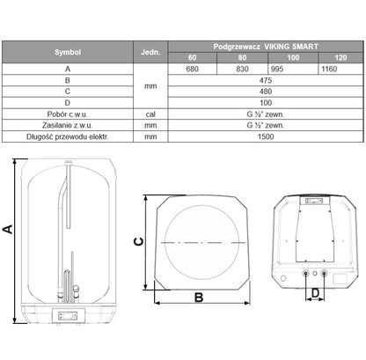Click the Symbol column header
pos(68,52)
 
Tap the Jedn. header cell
pos(150,52)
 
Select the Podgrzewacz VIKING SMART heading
pos(266,47)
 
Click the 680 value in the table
pos(192,69)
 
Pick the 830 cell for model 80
pos(242,69)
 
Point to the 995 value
pos(277,69)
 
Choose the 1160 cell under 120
pos(329,69)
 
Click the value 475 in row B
pos(266,80)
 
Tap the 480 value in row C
pos(266,92)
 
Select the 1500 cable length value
pos(266,136)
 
